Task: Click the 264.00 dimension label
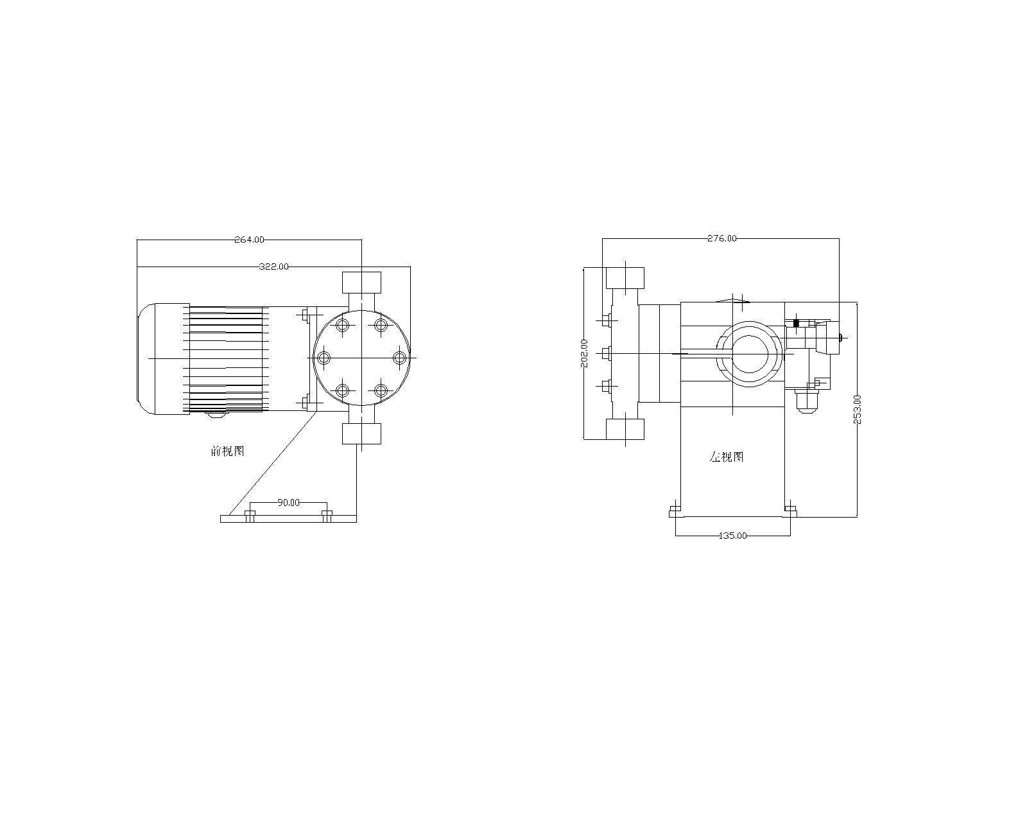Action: [x=249, y=240]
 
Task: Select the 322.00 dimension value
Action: [x=274, y=267]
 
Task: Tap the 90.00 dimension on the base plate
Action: [x=289, y=502]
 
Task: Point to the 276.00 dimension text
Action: [x=721, y=238]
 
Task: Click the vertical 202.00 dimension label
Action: [x=585, y=353]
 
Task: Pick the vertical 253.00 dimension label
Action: [x=857, y=409]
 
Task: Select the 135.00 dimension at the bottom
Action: [x=732, y=536]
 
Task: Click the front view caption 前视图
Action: [x=228, y=451]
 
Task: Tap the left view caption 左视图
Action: [x=727, y=457]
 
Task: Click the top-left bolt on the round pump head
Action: [x=343, y=325]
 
